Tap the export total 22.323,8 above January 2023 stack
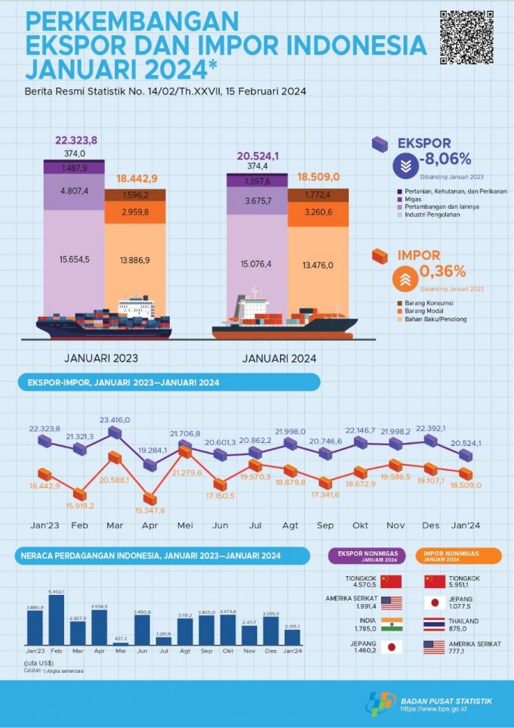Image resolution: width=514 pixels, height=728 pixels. pos(75,141)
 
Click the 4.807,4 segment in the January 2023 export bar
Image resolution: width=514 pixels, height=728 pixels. pos(73,191)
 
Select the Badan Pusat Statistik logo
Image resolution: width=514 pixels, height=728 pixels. pos(382,704)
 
